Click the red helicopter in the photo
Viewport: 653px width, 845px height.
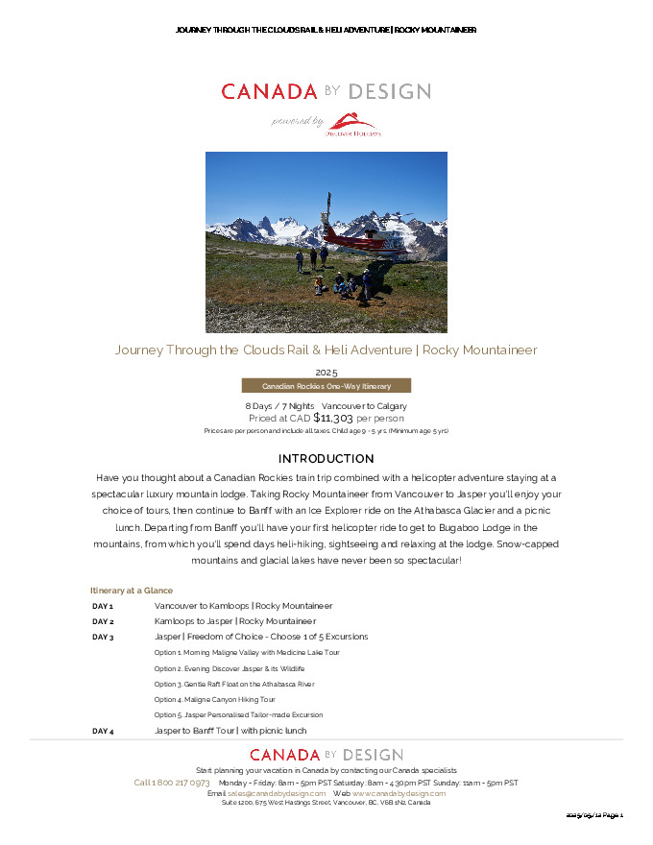[x=357, y=236]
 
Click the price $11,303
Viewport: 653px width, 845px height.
[x=333, y=419]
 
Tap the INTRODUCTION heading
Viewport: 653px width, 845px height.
[x=326, y=459]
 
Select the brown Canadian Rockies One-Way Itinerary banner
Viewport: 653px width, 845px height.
[x=326, y=386]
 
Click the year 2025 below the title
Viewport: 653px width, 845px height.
[x=326, y=372]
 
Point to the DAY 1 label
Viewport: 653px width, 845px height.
[x=103, y=607]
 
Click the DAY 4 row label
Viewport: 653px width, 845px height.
[x=103, y=732]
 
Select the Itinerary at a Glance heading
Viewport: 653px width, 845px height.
[x=132, y=591]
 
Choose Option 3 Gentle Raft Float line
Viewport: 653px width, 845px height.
[x=234, y=685]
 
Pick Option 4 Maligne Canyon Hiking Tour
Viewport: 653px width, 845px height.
[x=214, y=700]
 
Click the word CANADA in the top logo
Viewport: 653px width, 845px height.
[x=269, y=92]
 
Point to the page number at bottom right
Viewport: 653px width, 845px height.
[x=594, y=815]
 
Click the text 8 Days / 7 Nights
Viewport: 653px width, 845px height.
[x=273, y=406]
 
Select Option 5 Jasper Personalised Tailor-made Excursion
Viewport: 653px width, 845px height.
[x=238, y=715]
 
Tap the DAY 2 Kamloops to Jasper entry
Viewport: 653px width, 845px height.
[x=235, y=621]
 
